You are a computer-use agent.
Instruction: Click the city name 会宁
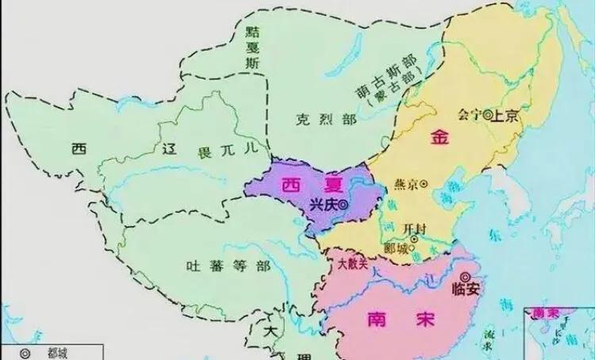470,114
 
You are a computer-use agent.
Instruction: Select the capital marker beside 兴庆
353,204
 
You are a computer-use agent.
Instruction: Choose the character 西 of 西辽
78,148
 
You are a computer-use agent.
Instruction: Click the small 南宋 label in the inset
548,312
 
